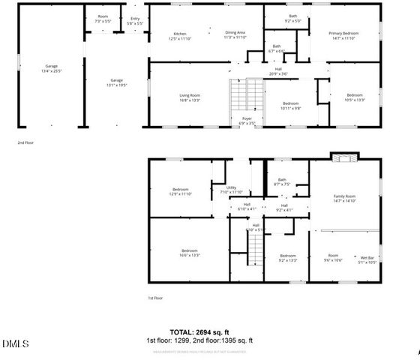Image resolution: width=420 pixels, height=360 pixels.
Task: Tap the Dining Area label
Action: (235, 34)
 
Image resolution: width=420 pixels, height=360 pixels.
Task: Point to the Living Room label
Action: (189, 97)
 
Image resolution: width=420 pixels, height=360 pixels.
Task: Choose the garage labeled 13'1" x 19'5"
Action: (116, 82)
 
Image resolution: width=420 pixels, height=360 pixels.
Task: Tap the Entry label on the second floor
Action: (135, 20)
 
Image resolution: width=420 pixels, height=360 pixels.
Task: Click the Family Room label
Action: (344, 198)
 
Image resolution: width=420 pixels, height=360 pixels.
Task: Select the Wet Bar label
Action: (367, 259)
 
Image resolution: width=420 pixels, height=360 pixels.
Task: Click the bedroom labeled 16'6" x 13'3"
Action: (189, 252)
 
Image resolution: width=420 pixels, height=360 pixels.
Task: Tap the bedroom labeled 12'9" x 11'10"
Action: (181, 191)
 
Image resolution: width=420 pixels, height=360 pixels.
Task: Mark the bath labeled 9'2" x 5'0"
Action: (292, 19)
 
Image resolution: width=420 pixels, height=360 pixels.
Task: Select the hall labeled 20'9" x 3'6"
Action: (277, 72)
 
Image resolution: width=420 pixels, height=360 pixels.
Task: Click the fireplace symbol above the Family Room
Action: (345, 157)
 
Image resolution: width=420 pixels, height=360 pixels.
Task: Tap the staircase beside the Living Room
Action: (239, 96)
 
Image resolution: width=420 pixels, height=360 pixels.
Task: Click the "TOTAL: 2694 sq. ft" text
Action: (199, 331)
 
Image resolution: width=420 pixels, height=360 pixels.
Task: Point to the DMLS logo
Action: (15, 344)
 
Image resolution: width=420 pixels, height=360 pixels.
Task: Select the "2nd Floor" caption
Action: (25, 142)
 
